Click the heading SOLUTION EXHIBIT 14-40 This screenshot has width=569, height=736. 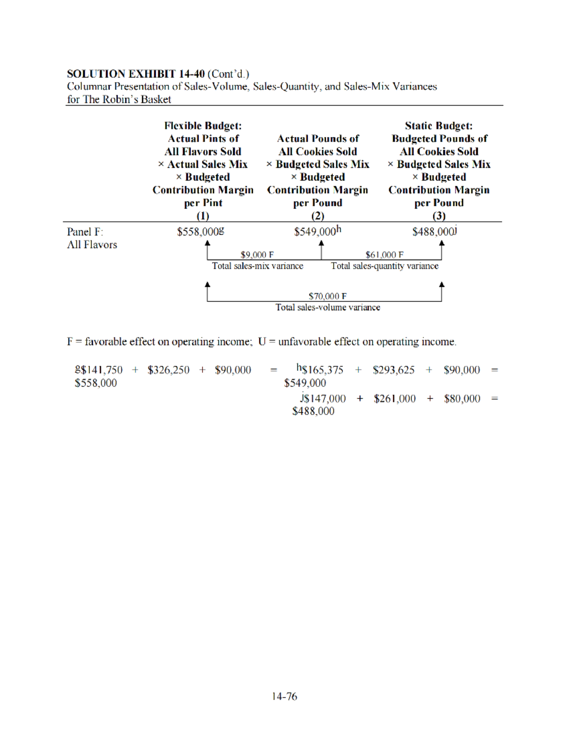coord(136,74)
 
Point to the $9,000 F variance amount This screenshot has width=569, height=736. coord(257,255)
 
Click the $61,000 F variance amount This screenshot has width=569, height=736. coord(384,255)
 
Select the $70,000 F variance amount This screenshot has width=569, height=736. coord(327,296)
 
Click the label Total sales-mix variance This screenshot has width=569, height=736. coord(257,266)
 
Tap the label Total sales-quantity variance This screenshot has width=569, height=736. coord(385,266)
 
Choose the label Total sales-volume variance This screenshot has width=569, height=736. coord(328,308)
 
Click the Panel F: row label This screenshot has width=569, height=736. coord(85,232)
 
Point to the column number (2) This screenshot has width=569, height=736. coord(317,216)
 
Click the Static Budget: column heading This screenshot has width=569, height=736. coord(439,126)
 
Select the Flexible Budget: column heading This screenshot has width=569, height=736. coord(203,126)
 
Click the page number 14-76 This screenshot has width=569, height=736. coord(284,696)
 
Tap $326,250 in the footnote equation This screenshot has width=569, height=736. coord(168,370)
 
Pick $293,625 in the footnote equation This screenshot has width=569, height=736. coord(394,370)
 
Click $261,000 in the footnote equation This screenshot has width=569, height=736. coord(395,399)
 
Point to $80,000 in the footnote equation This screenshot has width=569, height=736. coord(462,399)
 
